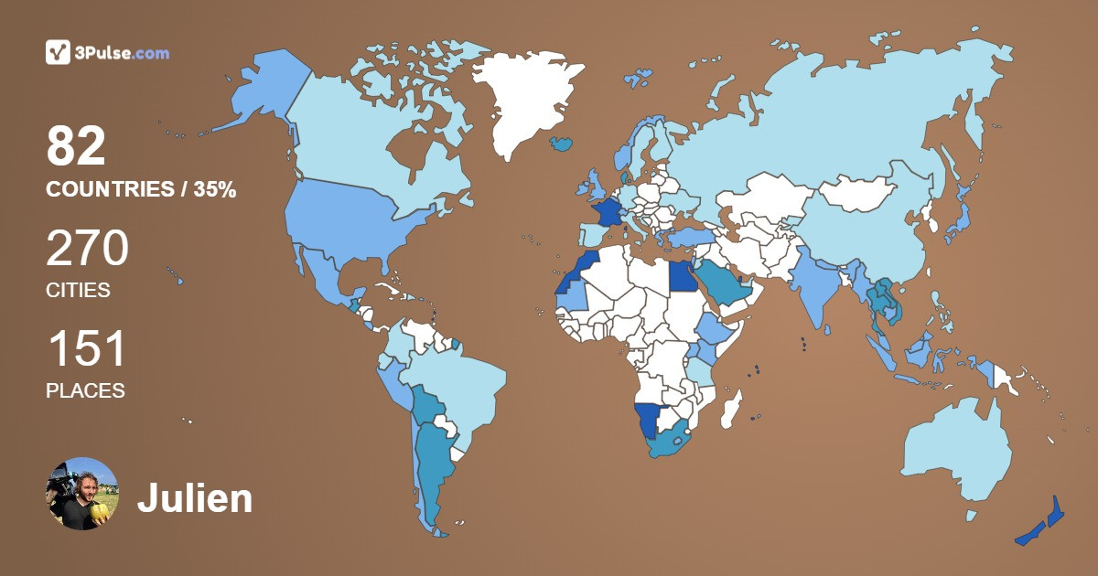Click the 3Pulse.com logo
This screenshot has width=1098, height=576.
[107, 52]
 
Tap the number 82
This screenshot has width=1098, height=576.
[76, 146]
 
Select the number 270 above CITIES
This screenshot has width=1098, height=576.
[87, 249]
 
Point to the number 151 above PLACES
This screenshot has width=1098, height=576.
[85, 349]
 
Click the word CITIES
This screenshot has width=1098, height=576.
[78, 291]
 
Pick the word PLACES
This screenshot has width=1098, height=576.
[85, 390]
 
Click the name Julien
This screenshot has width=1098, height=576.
[195, 499]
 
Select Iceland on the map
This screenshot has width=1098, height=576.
[562, 144]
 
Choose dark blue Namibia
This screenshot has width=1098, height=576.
[649, 421]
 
